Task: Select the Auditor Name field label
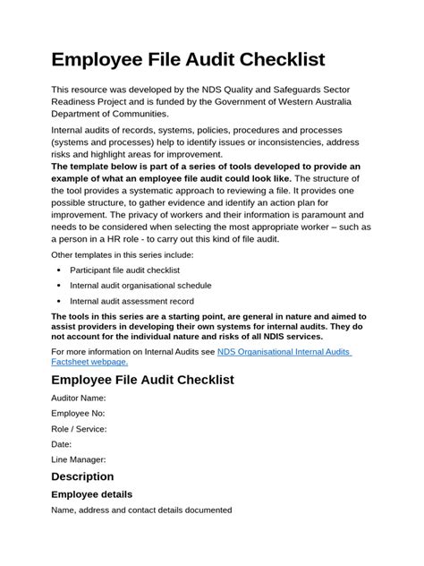coord(79,398)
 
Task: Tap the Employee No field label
coord(78,413)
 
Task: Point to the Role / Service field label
coord(79,429)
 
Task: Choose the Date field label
coord(62,444)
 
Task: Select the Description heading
coord(82,476)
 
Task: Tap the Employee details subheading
coord(91,493)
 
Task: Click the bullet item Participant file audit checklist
coord(124,270)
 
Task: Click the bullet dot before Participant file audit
coord(59,270)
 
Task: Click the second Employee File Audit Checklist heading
coord(142,379)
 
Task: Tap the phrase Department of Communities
coord(109,115)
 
